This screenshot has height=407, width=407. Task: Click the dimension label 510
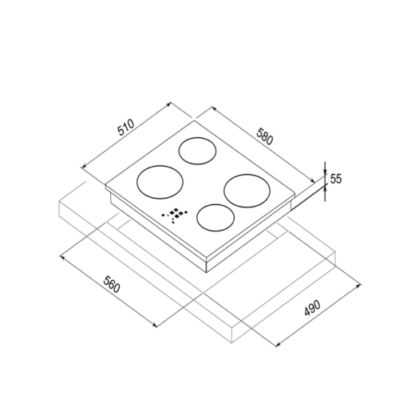(126, 128)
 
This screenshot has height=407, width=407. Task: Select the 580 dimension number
(265, 136)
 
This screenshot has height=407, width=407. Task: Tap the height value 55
(335, 179)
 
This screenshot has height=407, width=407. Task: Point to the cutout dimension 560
(112, 284)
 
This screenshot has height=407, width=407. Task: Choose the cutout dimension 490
(313, 308)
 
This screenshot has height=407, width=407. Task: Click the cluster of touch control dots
(175, 214)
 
